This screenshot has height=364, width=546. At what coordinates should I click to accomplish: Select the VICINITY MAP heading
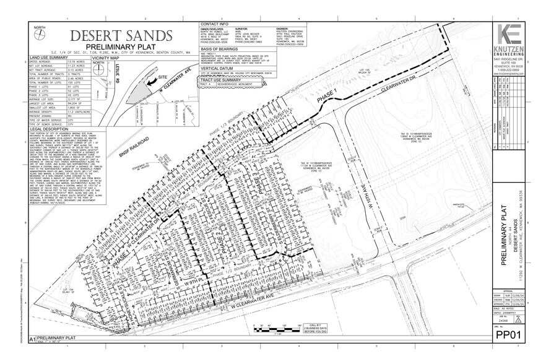click(x=105, y=56)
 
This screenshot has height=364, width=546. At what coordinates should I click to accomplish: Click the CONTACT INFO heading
click(x=215, y=24)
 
